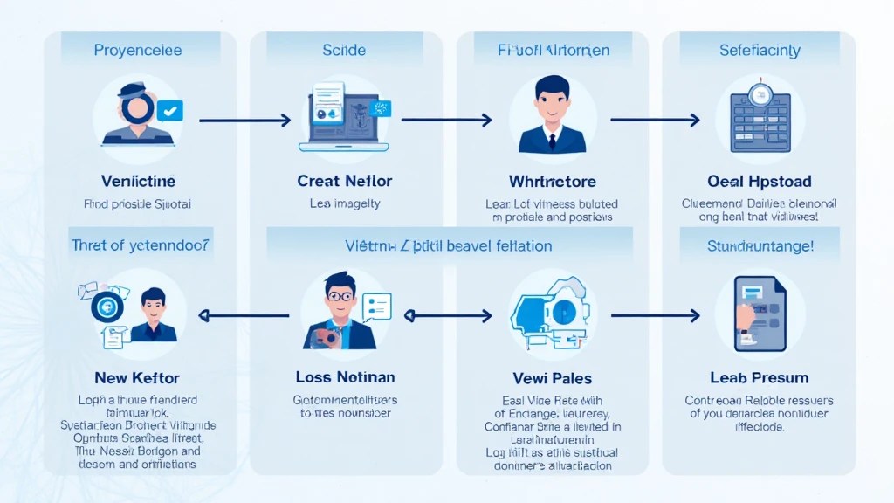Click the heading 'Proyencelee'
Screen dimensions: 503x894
pyautogui.click(x=138, y=51)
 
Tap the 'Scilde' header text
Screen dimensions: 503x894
pyautogui.click(x=344, y=51)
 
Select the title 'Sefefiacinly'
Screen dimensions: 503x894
pyautogui.click(x=760, y=51)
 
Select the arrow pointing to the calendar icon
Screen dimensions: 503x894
pyautogui.click(x=655, y=120)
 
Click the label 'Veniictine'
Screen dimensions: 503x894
pyautogui.click(x=138, y=182)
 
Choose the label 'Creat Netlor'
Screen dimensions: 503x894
pyautogui.click(x=345, y=182)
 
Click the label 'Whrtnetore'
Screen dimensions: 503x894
pyautogui.click(x=552, y=182)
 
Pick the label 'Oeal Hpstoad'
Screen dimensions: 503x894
pyautogui.click(x=760, y=182)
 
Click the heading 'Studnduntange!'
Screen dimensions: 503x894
pyautogui.click(x=760, y=246)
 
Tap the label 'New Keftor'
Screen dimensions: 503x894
pyautogui.click(x=137, y=378)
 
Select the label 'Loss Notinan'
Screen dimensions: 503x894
pyautogui.click(x=345, y=377)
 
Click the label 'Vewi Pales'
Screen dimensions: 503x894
pyautogui.click(x=552, y=378)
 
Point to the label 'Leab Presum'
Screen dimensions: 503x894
pyautogui.click(x=760, y=378)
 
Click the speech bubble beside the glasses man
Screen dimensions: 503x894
pyautogui.click(x=377, y=306)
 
